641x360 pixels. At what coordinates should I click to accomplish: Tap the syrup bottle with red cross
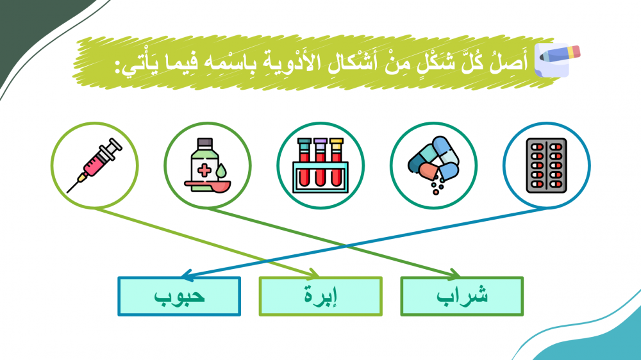point(204,163)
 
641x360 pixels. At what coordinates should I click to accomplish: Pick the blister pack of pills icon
point(546,165)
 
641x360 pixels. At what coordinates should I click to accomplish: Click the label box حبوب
point(179,297)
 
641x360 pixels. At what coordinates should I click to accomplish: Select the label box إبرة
point(320,297)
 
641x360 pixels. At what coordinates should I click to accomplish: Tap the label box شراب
point(462,297)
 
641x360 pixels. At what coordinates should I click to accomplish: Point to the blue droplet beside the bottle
point(221,171)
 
